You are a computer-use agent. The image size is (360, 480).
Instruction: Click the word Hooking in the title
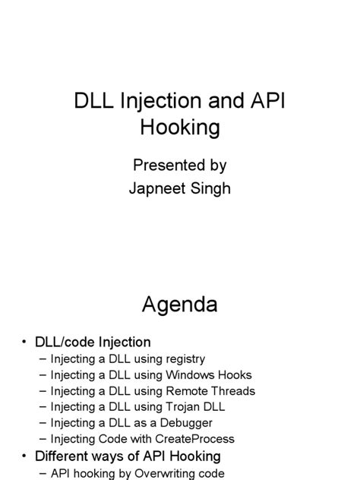coord(179,128)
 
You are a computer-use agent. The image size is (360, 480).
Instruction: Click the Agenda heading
coord(179,305)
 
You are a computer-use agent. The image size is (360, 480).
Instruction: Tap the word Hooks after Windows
coord(235,374)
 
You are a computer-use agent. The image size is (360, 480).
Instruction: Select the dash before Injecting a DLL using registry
coord(41,358)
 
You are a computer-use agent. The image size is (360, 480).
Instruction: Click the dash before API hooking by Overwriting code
coord(41,473)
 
